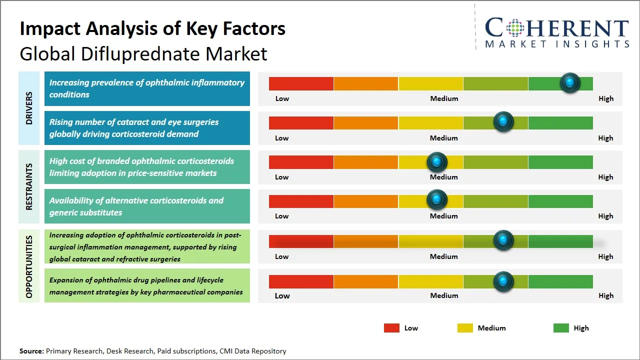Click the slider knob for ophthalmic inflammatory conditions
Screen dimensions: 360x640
570,83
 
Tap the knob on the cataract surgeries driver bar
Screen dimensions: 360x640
503,122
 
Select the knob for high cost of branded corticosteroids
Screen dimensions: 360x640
437,162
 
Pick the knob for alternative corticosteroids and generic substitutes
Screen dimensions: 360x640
437,200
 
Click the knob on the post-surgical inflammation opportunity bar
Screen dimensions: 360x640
503,240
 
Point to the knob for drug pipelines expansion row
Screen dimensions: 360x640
503,281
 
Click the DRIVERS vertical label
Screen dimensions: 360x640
29,108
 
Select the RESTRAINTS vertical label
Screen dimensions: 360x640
29,186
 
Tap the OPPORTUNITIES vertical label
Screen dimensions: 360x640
29,266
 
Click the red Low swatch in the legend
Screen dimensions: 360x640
391,328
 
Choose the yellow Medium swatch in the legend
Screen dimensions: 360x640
465,328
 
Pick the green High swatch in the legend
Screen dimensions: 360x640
561,328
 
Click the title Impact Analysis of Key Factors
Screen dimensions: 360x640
152,28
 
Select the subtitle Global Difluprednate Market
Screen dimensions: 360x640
143,53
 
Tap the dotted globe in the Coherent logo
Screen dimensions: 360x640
514,28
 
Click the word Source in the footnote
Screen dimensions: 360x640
31,351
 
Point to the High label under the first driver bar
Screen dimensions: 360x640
606,98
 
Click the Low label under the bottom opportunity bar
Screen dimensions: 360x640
282,295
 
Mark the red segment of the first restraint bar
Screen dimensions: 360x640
301,162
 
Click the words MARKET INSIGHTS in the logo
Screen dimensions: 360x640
557,44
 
